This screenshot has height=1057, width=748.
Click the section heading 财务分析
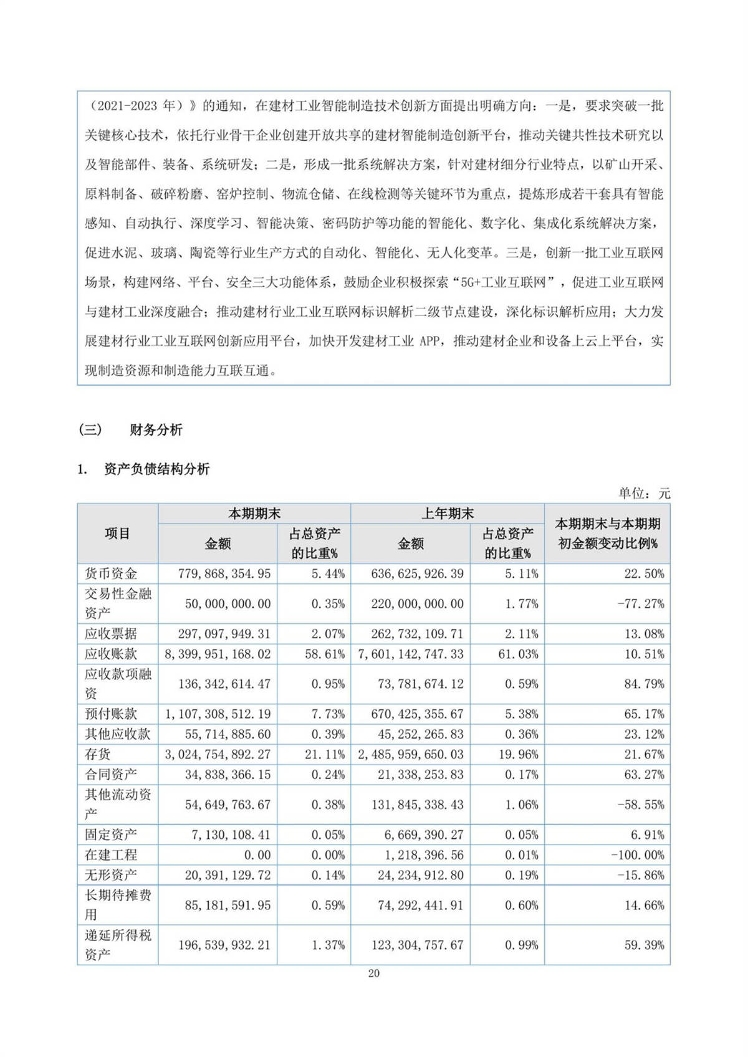point(156,430)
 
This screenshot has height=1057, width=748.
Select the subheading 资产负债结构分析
point(156,469)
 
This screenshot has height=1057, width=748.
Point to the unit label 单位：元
point(644,494)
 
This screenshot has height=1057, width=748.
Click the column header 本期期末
point(254,514)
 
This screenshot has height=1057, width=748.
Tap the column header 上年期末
point(447,514)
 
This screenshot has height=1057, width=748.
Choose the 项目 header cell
point(117,533)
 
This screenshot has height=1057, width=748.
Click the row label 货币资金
point(111,573)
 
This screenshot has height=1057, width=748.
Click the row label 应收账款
point(111,654)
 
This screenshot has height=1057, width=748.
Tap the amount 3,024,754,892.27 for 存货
point(218,754)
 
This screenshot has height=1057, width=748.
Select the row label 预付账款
point(111,714)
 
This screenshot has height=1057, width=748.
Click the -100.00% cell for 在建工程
point(637,855)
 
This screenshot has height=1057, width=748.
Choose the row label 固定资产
point(111,835)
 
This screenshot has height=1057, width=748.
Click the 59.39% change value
point(644,945)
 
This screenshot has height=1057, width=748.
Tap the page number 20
point(374,973)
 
